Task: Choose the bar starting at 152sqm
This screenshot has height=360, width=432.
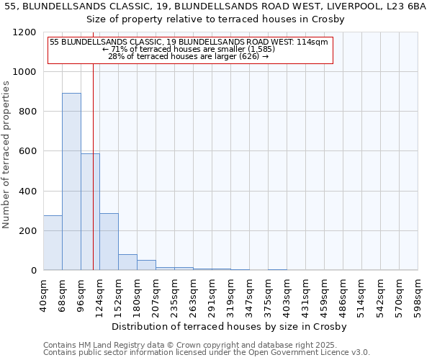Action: point(127,262)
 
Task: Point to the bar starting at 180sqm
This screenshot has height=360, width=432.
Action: point(146,265)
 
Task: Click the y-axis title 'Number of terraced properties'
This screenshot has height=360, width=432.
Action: point(6,155)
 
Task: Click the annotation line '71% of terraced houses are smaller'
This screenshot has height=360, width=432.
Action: point(190,49)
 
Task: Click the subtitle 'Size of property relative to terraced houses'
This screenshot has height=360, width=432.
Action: point(216,19)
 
